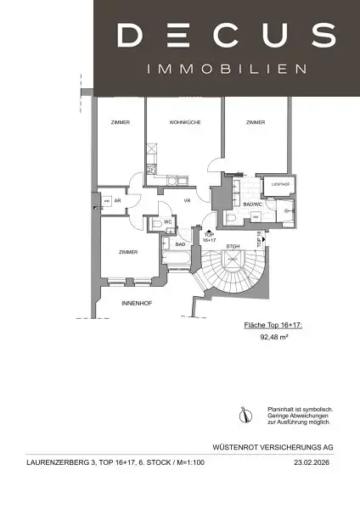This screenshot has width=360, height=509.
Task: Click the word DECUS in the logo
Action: pos(225,36)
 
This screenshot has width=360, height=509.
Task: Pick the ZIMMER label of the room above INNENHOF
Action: pos(128,252)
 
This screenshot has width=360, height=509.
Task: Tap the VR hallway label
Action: pos(185,202)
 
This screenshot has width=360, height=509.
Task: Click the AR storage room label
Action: pos(120,202)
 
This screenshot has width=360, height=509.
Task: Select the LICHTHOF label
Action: pos(281,184)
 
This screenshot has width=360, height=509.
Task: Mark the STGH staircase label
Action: pos(233,247)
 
